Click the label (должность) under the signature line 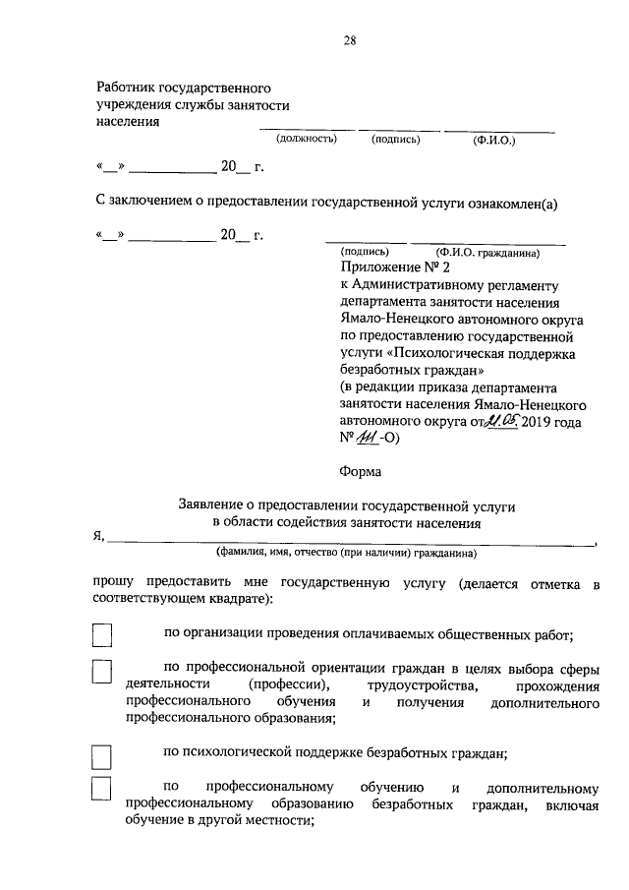click(x=307, y=140)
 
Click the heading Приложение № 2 click(x=394, y=267)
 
